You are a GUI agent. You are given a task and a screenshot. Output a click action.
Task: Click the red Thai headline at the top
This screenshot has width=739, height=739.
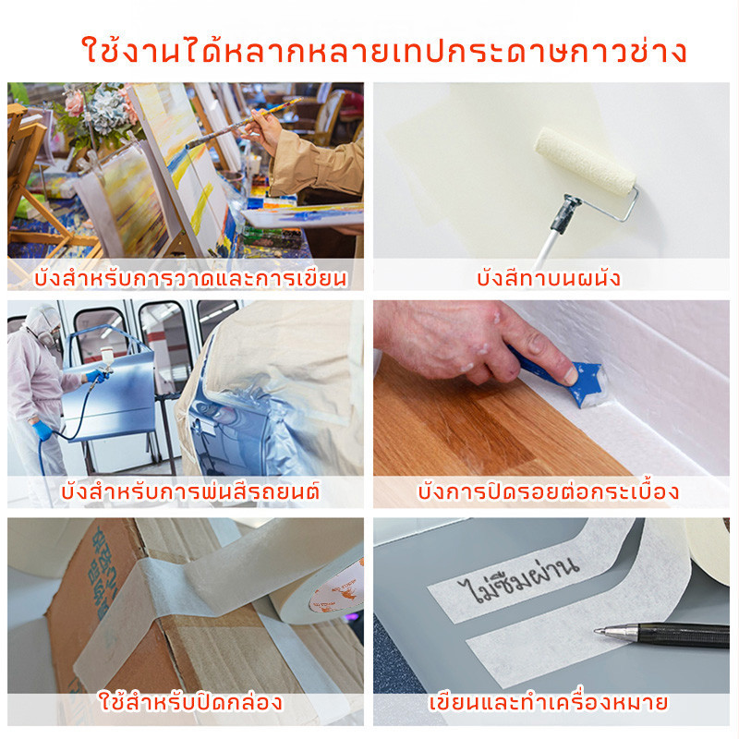pos(384,51)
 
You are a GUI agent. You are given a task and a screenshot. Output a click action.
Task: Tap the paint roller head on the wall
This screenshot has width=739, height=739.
pos(585,161)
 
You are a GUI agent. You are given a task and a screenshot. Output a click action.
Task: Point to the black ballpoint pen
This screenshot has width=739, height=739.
pos(661,634)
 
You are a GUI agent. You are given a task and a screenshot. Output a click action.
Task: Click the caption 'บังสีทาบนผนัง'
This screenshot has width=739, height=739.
pos(548,278)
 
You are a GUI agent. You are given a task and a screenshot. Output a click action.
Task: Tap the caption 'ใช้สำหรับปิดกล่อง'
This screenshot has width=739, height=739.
pos(190,702)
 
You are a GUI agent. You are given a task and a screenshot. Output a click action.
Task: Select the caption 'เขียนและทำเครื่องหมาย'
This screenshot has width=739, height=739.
pos(548,702)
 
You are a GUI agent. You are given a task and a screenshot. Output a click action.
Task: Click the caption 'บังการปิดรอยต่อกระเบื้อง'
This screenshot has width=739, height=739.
pos(548,491)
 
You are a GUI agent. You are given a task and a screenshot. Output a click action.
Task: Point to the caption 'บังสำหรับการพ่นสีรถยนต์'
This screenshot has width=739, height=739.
pos(190,491)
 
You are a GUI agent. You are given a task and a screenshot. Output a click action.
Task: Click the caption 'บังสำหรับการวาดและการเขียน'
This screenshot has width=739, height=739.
pos(190,278)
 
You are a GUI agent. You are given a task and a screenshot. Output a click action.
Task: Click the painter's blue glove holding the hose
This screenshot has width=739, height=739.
pos(42,430)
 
